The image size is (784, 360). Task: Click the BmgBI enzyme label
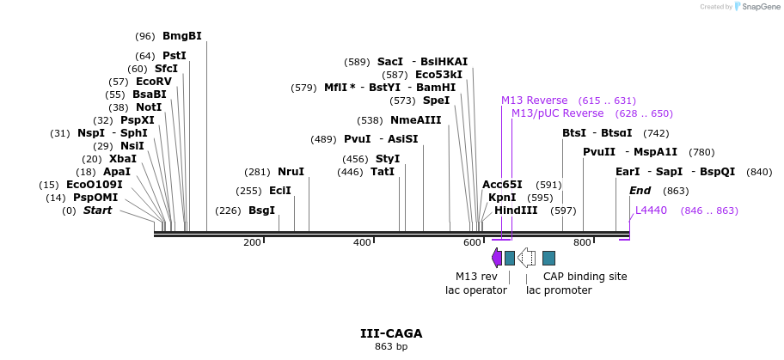click(x=181, y=36)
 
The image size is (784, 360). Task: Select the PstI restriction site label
click(x=174, y=56)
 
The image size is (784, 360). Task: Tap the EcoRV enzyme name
click(x=154, y=82)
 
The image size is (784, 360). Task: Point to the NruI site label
click(x=291, y=172)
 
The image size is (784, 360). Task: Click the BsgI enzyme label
click(x=261, y=211)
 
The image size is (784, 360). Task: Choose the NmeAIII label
click(x=415, y=120)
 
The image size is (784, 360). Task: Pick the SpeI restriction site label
click(x=436, y=101)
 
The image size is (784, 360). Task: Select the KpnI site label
click(x=502, y=198)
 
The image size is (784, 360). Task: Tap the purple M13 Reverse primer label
click(x=534, y=101)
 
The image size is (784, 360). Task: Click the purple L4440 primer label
click(x=651, y=211)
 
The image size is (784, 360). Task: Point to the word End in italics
click(x=640, y=191)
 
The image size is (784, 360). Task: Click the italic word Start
click(x=97, y=211)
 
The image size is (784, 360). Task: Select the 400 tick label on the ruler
click(x=362, y=243)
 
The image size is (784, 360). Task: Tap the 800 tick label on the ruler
click(x=582, y=243)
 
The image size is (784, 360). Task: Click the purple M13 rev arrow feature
click(x=497, y=258)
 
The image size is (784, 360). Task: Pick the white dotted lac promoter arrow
click(x=526, y=258)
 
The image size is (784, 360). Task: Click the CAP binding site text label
click(x=585, y=277)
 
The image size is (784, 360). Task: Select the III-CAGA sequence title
click(x=391, y=333)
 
